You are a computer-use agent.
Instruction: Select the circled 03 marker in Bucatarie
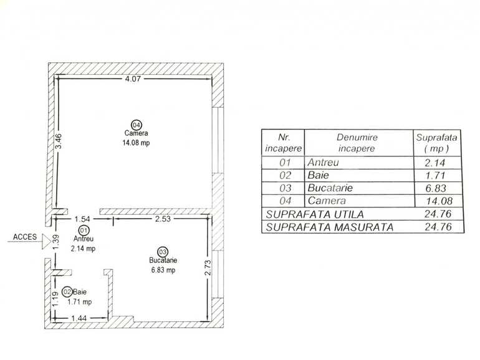(x=163, y=252)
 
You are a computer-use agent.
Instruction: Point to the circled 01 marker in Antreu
(x=83, y=231)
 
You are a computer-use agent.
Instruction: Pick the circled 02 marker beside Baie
(x=67, y=291)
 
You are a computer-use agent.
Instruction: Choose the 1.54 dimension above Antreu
(x=83, y=219)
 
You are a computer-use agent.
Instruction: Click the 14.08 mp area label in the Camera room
(x=137, y=143)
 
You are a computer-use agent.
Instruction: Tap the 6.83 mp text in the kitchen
(x=164, y=270)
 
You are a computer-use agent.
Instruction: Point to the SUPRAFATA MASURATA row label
(x=330, y=227)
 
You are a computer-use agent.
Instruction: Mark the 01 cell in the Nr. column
(x=284, y=163)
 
